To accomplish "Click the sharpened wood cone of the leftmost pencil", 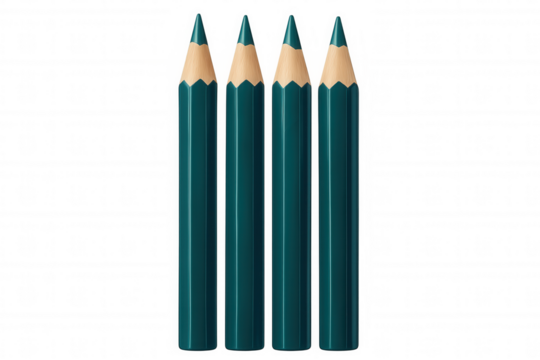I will pyautogui.click(x=197, y=62).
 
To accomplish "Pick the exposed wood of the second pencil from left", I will pyautogui.click(x=243, y=62).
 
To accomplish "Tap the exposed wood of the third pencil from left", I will pyautogui.click(x=290, y=62).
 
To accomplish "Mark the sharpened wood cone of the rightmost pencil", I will pyautogui.click(x=337, y=62).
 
